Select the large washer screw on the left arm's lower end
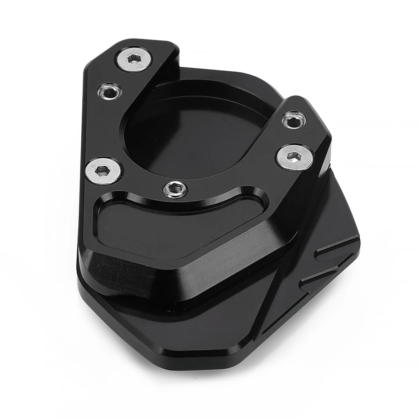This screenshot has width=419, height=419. (103, 171)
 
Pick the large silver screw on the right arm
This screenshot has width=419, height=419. (294, 158)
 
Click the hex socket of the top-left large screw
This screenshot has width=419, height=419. (134, 59)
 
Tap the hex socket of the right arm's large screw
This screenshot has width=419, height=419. (295, 157)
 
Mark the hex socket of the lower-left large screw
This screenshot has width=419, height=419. (103, 171)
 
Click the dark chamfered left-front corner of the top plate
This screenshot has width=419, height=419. (109, 268)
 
